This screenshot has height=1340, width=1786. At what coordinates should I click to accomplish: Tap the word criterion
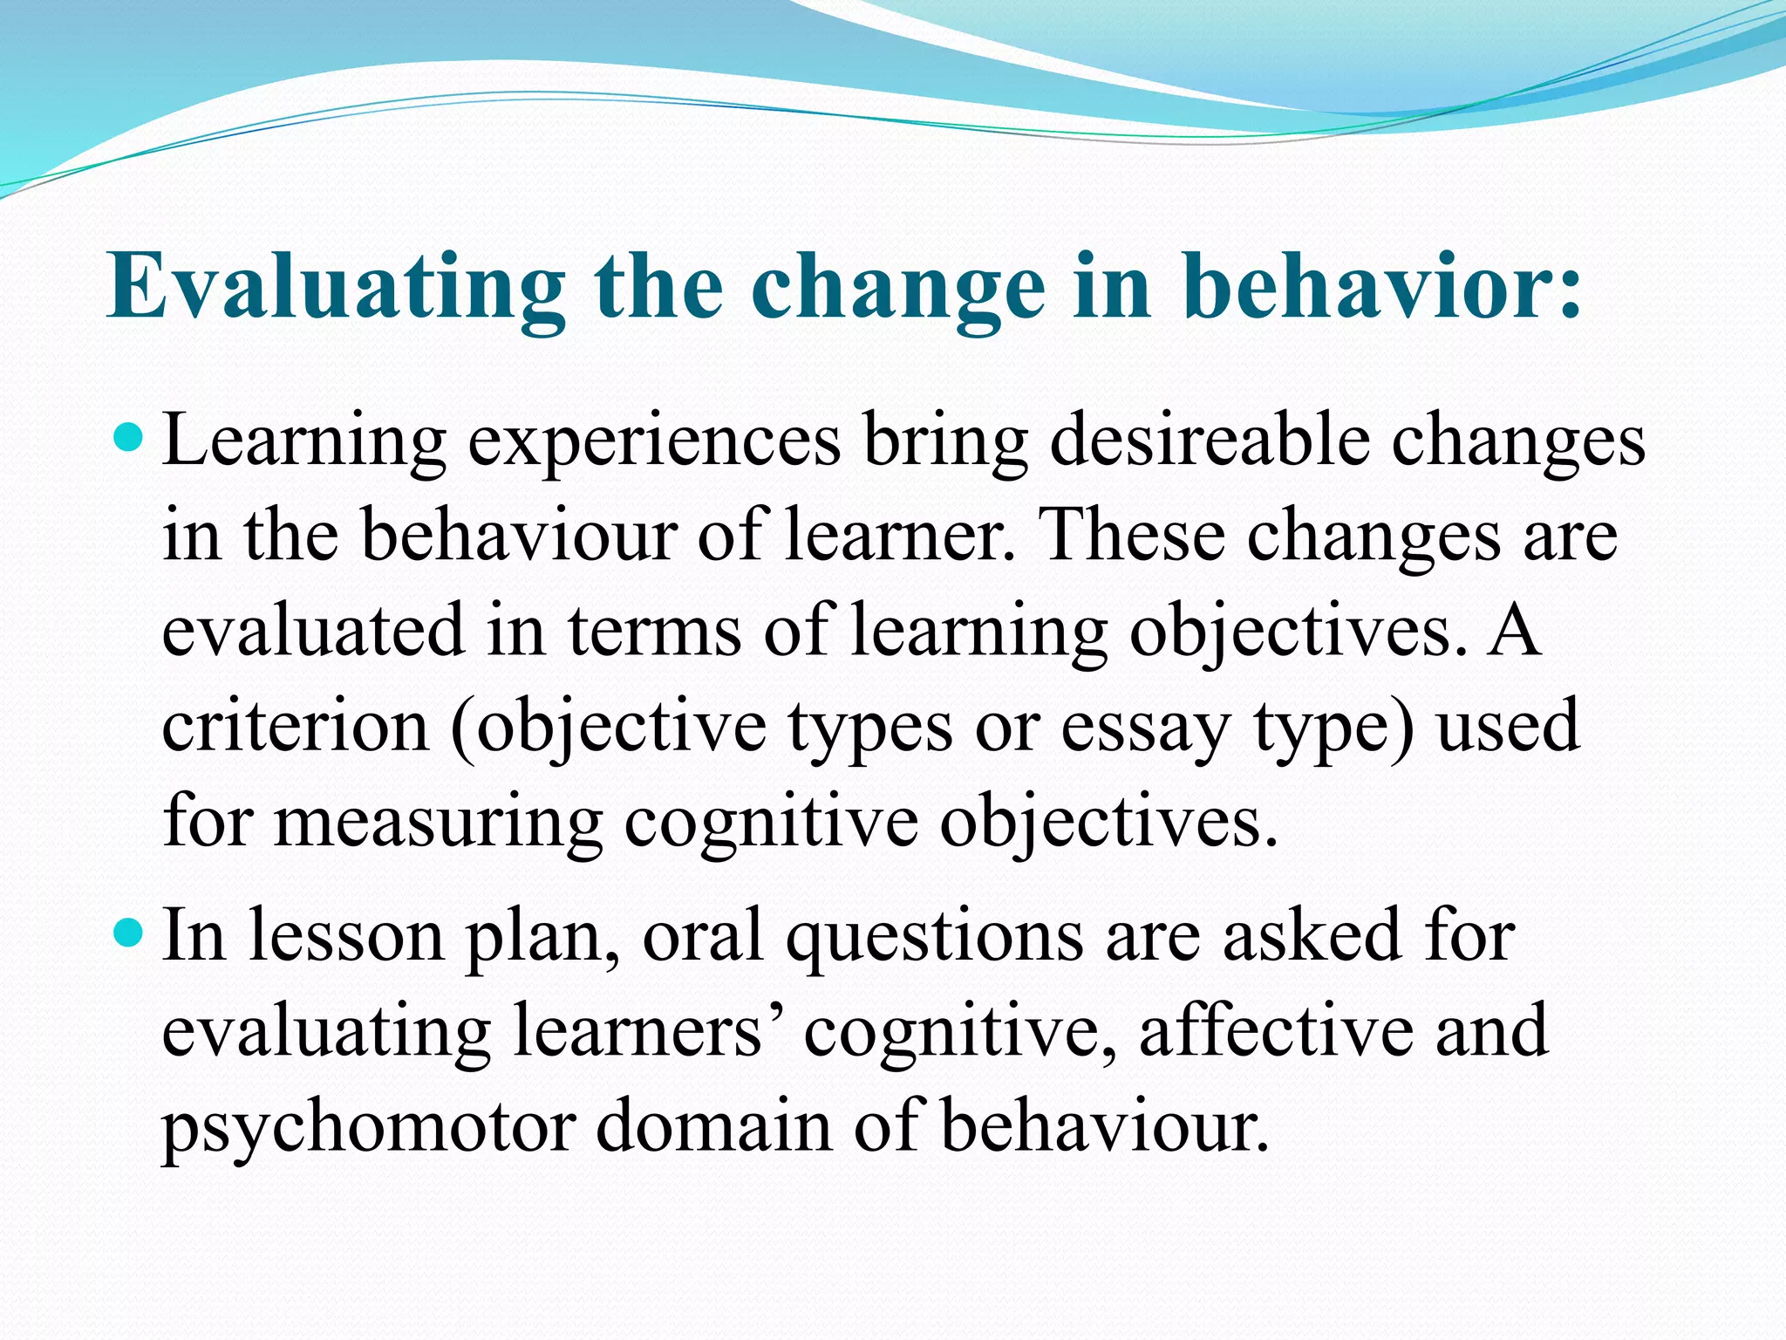click(x=296, y=725)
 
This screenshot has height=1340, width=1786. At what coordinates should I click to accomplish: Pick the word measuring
click(x=439, y=823)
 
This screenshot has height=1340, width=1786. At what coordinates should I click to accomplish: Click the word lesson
click(x=346, y=934)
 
